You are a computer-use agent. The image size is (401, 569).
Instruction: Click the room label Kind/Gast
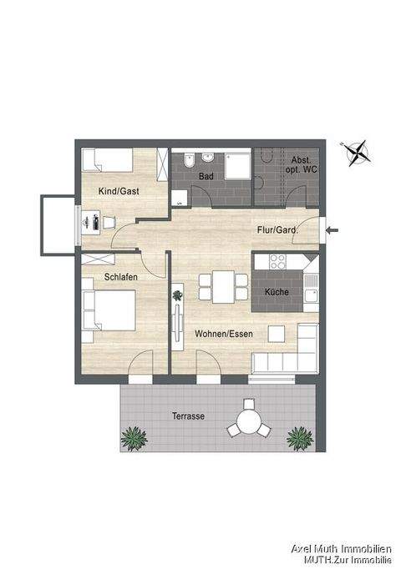click(119, 191)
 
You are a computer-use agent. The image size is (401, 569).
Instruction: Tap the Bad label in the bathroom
click(206, 177)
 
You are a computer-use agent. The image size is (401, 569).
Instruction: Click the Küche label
click(277, 293)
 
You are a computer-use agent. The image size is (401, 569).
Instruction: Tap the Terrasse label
click(189, 415)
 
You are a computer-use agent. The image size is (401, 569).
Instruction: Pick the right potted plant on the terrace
click(298, 436)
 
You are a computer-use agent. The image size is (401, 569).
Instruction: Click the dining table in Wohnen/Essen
click(223, 286)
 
